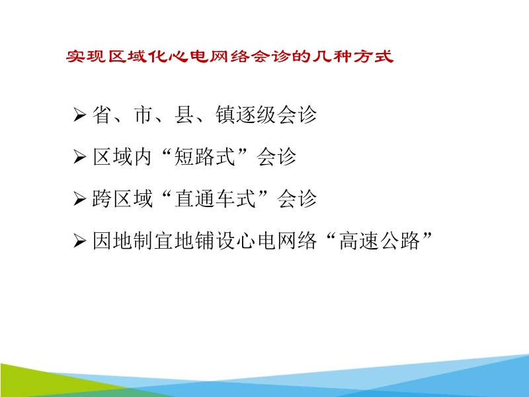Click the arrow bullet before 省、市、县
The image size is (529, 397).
[80, 116]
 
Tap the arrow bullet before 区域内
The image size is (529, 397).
[80, 157]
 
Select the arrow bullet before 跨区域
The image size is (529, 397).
[80, 199]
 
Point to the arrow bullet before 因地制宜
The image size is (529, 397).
[80, 242]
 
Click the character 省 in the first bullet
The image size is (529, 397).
[101, 115]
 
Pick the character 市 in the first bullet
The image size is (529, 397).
[142, 115]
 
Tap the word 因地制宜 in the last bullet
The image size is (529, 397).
[132, 241]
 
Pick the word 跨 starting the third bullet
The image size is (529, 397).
[101, 198]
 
